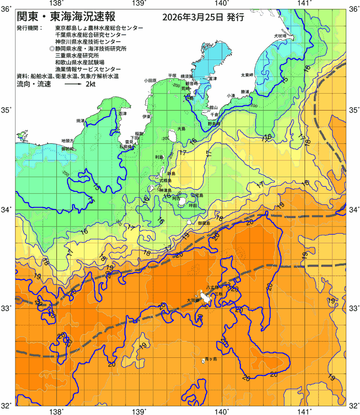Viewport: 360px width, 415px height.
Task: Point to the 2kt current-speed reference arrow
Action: [x=73, y=85]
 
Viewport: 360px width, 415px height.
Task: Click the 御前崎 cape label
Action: [x=68, y=149]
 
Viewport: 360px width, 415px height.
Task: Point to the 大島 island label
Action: [x=181, y=129]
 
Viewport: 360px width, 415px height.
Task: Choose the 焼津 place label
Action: [x=80, y=121]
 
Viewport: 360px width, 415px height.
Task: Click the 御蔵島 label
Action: [x=204, y=223]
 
